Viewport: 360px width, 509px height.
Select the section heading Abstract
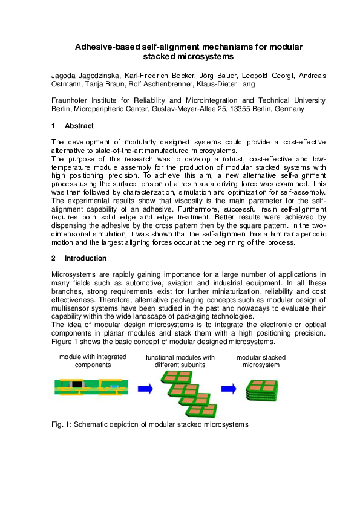pos(79,126)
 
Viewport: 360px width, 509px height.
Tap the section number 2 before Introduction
pos(53,258)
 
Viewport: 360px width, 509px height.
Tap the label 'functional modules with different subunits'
pos(180,361)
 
